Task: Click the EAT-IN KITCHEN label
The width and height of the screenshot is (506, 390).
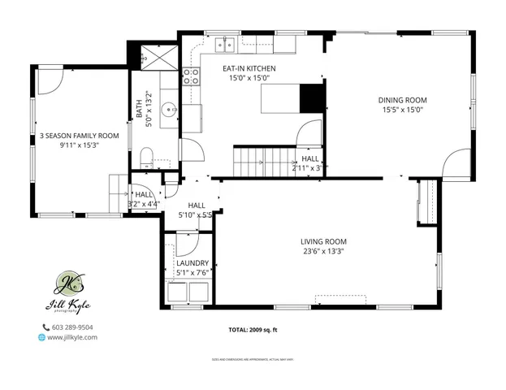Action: [249, 68]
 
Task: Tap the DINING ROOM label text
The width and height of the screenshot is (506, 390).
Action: [402, 100]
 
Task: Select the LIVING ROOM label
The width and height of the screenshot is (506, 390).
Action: [323, 241]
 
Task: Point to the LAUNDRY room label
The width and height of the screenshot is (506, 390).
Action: [192, 263]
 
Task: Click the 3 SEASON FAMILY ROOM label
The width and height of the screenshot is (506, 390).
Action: [80, 136]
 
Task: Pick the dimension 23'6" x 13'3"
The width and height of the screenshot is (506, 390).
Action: [323, 251]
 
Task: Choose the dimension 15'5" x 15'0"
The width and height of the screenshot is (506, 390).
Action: [402, 110]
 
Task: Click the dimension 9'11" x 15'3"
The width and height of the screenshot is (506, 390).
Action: [80, 146]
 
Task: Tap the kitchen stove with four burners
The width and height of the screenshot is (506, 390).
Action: [191, 76]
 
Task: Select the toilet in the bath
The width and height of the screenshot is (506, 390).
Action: [147, 156]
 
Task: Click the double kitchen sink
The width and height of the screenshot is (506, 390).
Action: [227, 44]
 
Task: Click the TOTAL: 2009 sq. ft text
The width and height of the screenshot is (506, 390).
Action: [253, 330]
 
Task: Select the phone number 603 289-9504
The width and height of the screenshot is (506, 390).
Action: [72, 327]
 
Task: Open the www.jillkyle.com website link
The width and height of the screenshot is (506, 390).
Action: [72, 337]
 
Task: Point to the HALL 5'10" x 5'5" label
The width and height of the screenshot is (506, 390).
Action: [196, 210]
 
